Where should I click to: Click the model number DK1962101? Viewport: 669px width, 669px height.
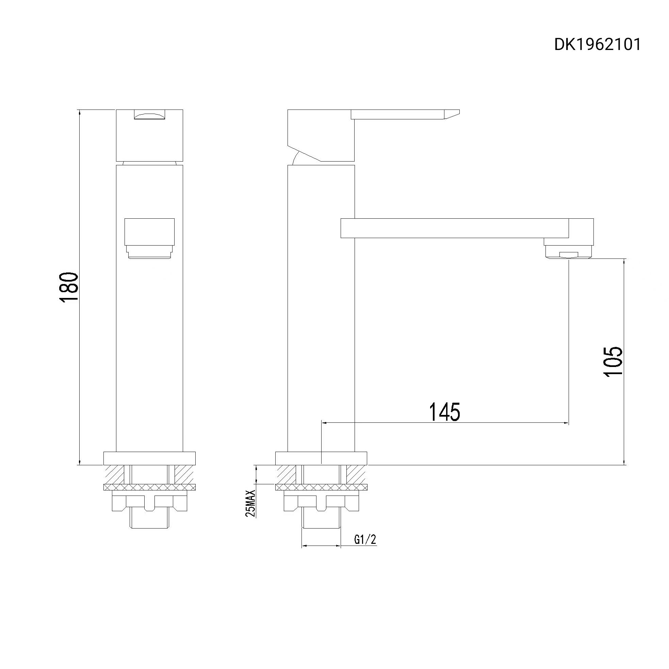(597, 45)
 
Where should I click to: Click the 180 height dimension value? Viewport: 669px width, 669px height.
(69, 288)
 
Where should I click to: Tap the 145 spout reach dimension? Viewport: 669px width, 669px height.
(444, 412)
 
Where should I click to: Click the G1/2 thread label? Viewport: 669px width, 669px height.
(365, 539)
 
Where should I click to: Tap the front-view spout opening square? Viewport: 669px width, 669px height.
(149, 231)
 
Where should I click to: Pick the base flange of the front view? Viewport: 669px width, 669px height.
(149, 458)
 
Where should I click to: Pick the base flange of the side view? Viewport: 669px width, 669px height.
(321, 458)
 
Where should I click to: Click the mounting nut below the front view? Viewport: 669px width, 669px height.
(149, 503)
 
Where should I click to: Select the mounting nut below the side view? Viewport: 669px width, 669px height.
(321, 503)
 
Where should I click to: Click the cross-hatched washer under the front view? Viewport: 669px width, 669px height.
(149, 487)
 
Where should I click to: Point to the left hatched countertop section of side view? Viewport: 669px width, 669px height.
(286, 474)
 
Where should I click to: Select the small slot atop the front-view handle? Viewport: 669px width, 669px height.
(149, 115)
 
